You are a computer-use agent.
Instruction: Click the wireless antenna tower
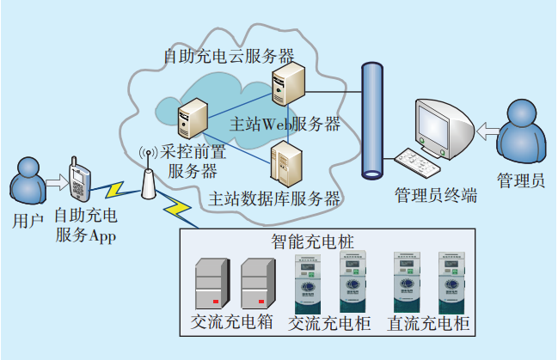147,175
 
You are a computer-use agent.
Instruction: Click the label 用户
28,221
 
